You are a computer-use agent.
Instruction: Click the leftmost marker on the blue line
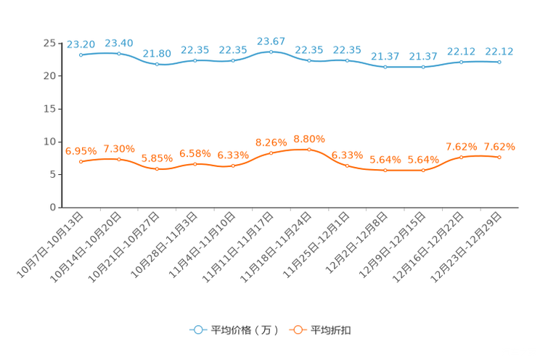(81, 55)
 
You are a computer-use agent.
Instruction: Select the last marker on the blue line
(499, 62)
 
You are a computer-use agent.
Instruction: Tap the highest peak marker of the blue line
(271, 52)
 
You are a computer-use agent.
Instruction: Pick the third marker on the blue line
(157, 65)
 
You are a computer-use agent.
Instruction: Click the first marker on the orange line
(81, 161)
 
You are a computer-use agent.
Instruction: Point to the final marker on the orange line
(499, 157)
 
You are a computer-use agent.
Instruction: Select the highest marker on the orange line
(309, 150)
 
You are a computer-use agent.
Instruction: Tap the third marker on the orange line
(157, 168)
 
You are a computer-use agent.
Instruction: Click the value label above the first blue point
(81, 44)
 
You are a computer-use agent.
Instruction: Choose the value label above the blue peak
(271, 41)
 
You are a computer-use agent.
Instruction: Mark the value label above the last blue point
(499, 52)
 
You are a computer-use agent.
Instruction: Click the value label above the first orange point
(81, 150)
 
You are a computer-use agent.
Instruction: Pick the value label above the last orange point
(499, 146)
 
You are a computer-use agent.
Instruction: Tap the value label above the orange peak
(309, 139)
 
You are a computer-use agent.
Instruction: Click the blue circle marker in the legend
(197, 330)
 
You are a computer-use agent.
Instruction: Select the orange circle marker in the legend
(297, 330)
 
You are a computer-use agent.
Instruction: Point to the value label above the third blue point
(157, 54)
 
